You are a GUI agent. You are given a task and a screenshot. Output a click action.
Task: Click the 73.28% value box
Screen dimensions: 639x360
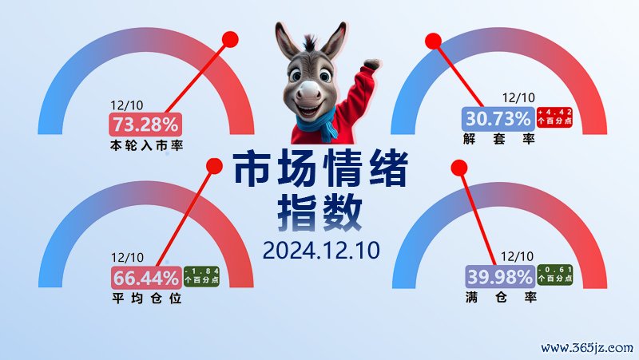[x=145, y=125]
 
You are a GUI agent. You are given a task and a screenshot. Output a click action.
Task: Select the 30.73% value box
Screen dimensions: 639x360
[x=498, y=119]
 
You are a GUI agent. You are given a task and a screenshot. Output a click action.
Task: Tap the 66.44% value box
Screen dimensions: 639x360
[x=146, y=278]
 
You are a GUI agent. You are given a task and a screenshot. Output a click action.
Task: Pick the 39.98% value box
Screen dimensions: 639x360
[x=500, y=277]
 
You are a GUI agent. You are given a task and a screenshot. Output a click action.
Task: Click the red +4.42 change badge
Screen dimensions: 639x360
[x=554, y=117]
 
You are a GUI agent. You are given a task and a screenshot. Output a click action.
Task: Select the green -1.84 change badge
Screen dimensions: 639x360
[x=201, y=275]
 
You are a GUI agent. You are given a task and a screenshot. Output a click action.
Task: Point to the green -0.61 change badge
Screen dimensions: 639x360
[x=555, y=274]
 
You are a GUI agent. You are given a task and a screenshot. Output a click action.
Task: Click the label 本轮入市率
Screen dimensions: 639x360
[x=146, y=145]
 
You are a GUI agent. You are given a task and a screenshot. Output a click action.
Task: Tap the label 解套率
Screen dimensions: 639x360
[x=498, y=139]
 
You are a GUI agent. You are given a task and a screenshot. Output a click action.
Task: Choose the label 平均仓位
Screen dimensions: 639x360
[x=147, y=299]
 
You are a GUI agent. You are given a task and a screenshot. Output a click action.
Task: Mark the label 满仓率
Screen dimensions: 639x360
[x=501, y=297]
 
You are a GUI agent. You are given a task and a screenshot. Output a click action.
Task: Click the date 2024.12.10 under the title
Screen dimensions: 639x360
[x=321, y=250]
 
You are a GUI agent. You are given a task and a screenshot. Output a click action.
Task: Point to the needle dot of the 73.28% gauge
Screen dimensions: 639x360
[x=230, y=39]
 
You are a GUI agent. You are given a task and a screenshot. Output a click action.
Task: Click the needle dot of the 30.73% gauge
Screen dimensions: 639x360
[x=433, y=42]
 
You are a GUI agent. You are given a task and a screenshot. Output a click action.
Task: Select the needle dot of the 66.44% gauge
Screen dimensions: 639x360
[x=214, y=166]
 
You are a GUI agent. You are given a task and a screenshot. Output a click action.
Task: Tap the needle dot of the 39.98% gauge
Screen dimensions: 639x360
[x=459, y=168]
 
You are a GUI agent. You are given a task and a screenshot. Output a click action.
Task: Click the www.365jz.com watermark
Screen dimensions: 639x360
[x=587, y=348]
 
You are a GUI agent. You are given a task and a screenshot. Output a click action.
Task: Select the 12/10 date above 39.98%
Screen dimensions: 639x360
[x=517, y=256]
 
